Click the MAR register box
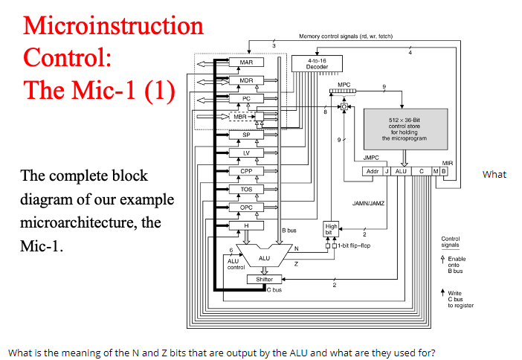246,62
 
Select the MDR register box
246,80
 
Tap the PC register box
246,98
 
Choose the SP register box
246,135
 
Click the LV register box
246,153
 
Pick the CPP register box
246,171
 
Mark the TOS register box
246,190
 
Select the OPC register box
246,208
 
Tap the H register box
246,225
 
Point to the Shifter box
264,279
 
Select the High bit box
331,228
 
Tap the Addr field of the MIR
373,172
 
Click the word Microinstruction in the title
113,25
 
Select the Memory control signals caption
345,36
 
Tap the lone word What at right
494,175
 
